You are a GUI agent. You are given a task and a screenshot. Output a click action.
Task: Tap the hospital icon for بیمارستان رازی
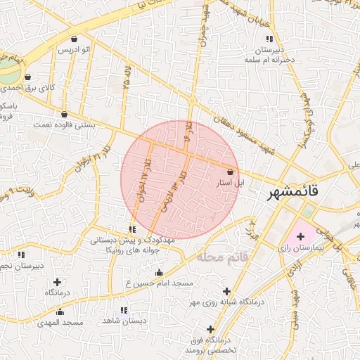coord(301,236)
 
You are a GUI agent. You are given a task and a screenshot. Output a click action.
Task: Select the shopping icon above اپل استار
coord(231,172)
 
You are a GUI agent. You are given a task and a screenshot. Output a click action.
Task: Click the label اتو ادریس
coord(74,51)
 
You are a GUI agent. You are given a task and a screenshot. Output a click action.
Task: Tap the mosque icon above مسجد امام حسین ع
coord(159,273)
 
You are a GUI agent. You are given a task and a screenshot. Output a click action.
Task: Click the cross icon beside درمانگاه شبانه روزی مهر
coord(226,291)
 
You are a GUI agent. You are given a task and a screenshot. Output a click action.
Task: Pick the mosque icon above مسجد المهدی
coord(60,312)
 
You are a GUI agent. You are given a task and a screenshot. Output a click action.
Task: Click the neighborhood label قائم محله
coord(223,257)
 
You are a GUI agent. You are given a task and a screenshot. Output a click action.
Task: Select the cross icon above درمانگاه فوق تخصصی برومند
coord(210,329)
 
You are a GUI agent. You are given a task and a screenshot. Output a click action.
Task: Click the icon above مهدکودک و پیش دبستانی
coord(132,229)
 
